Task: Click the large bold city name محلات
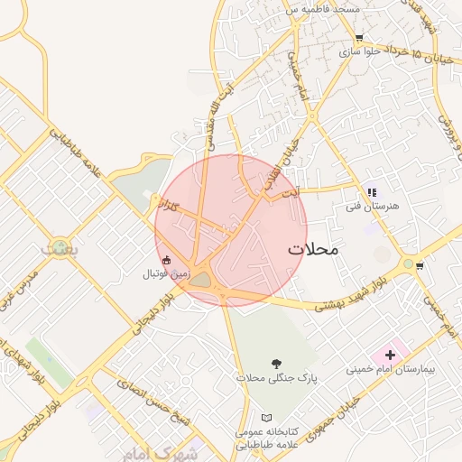pyautogui.click(x=312, y=249)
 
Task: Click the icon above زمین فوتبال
pyautogui.click(x=166, y=260)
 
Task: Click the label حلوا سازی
pyautogui.click(x=357, y=52)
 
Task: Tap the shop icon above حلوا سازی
pyautogui.click(x=359, y=39)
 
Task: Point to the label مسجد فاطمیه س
pyautogui.click(x=322, y=9)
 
